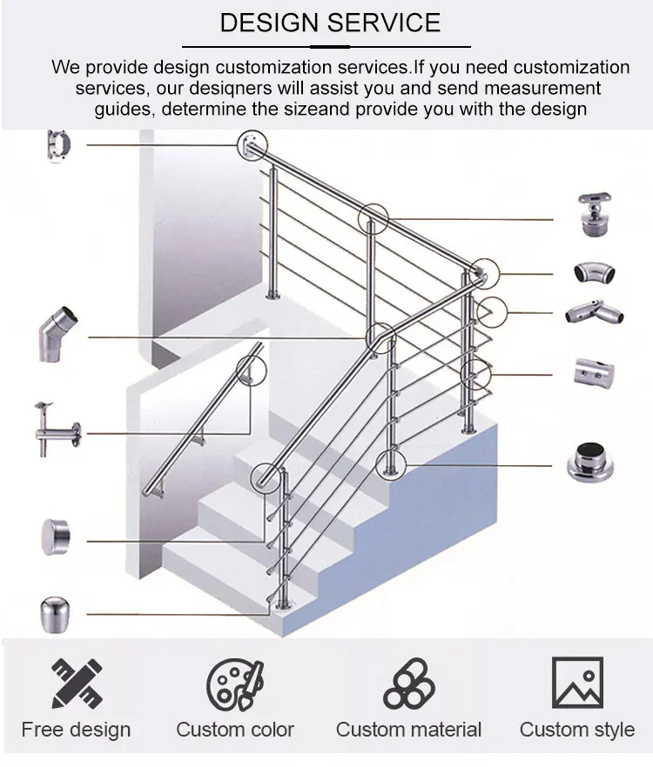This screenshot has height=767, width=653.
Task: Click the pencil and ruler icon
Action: (x=77, y=684)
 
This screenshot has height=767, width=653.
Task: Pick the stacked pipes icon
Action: (x=409, y=684)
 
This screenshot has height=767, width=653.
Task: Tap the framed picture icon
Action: (x=577, y=683)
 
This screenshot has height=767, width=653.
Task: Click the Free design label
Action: (x=76, y=730)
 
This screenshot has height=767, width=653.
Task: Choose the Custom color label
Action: (x=235, y=730)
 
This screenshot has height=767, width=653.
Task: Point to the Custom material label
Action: (x=408, y=730)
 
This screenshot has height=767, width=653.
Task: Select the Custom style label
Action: (x=577, y=730)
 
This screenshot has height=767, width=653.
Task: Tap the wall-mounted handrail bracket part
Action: (x=57, y=429)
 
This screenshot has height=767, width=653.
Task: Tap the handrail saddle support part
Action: (x=595, y=214)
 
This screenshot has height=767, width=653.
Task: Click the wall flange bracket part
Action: (x=59, y=148)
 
